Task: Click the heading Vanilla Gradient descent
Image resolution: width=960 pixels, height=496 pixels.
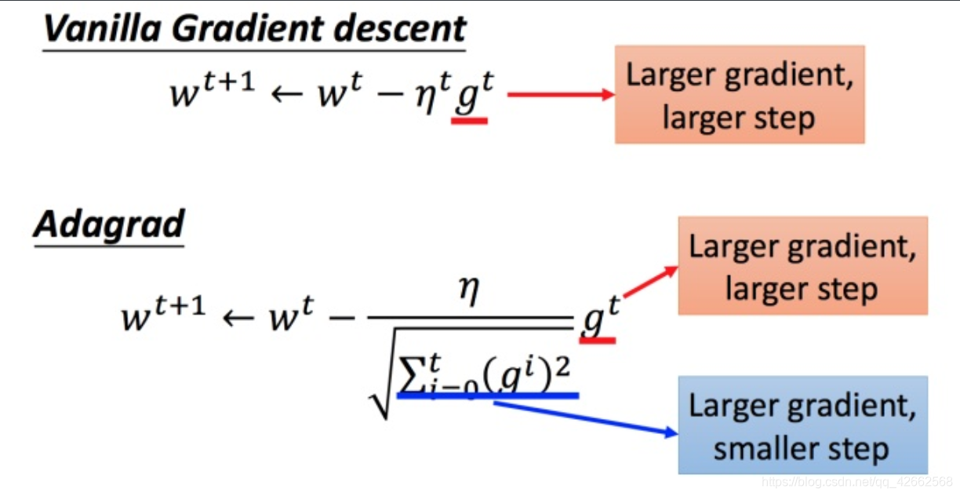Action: tap(254, 29)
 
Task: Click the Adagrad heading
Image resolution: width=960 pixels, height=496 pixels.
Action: tap(109, 225)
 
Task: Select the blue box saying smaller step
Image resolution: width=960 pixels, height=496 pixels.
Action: tap(802, 425)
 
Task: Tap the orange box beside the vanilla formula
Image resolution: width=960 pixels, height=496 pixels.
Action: tap(739, 94)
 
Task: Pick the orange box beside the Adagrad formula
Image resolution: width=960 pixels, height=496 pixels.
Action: tap(802, 266)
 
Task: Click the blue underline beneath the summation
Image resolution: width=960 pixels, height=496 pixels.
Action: tap(488, 396)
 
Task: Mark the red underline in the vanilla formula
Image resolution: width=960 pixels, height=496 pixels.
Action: tap(470, 121)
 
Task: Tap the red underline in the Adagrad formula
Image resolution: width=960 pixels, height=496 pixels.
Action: tap(598, 340)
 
